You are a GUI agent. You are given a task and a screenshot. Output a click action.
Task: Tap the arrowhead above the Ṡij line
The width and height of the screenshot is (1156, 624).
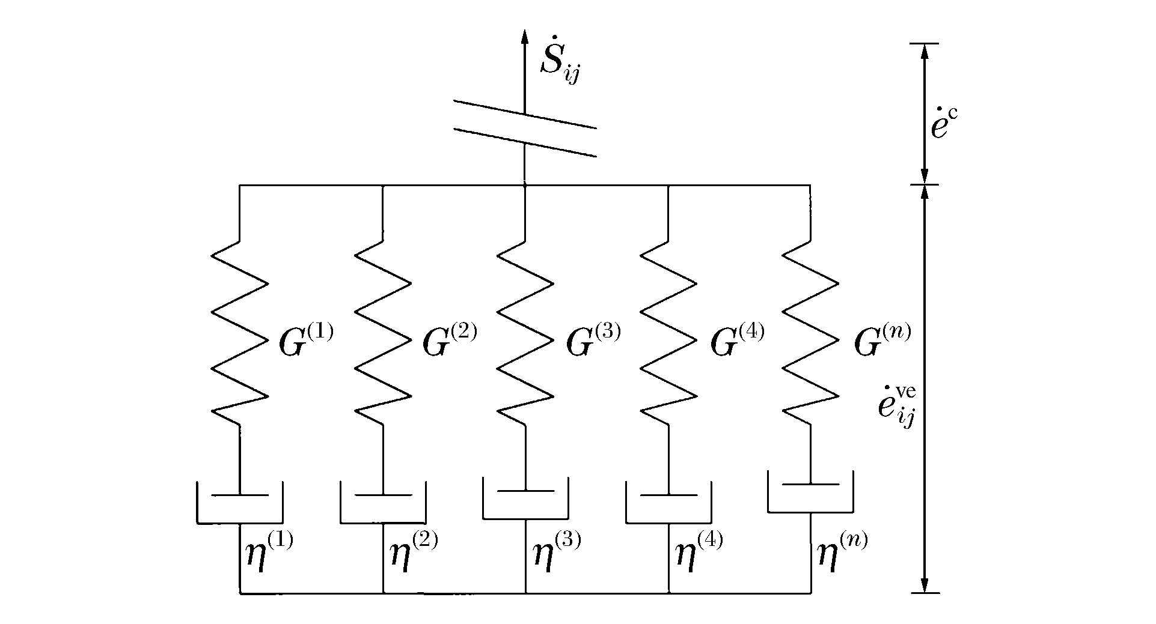pos(525,36)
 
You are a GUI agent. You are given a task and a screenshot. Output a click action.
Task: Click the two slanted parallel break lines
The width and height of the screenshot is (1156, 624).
pos(525,129)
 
